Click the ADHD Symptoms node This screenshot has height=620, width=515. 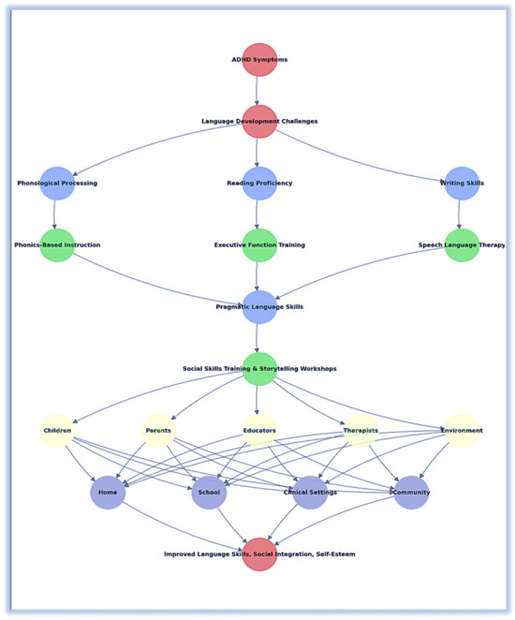[x=259, y=60]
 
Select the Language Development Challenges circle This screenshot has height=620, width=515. [x=259, y=122]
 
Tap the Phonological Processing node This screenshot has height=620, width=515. [x=57, y=184]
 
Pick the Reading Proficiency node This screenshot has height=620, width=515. [x=259, y=184]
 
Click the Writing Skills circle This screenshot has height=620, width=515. [x=462, y=184]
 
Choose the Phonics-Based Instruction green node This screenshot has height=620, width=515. [x=57, y=245]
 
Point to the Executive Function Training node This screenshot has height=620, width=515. [x=259, y=245]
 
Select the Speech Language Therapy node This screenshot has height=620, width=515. [x=462, y=245]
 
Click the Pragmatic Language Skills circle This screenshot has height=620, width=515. [x=259, y=307]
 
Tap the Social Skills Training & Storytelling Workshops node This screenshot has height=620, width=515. [x=259, y=369]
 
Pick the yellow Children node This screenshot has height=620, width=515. [x=57, y=431]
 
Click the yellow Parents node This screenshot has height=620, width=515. [x=158, y=431]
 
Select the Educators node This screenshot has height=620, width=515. [x=259, y=431]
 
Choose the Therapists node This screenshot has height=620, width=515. [x=360, y=431]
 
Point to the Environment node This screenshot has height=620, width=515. [x=462, y=431]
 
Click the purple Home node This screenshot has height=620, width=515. [x=108, y=493]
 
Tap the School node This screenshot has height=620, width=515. [x=209, y=493]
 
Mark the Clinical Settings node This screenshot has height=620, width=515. [x=310, y=493]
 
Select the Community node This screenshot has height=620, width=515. [x=411, y=493]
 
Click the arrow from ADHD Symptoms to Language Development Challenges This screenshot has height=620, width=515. [x=259, y=91]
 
